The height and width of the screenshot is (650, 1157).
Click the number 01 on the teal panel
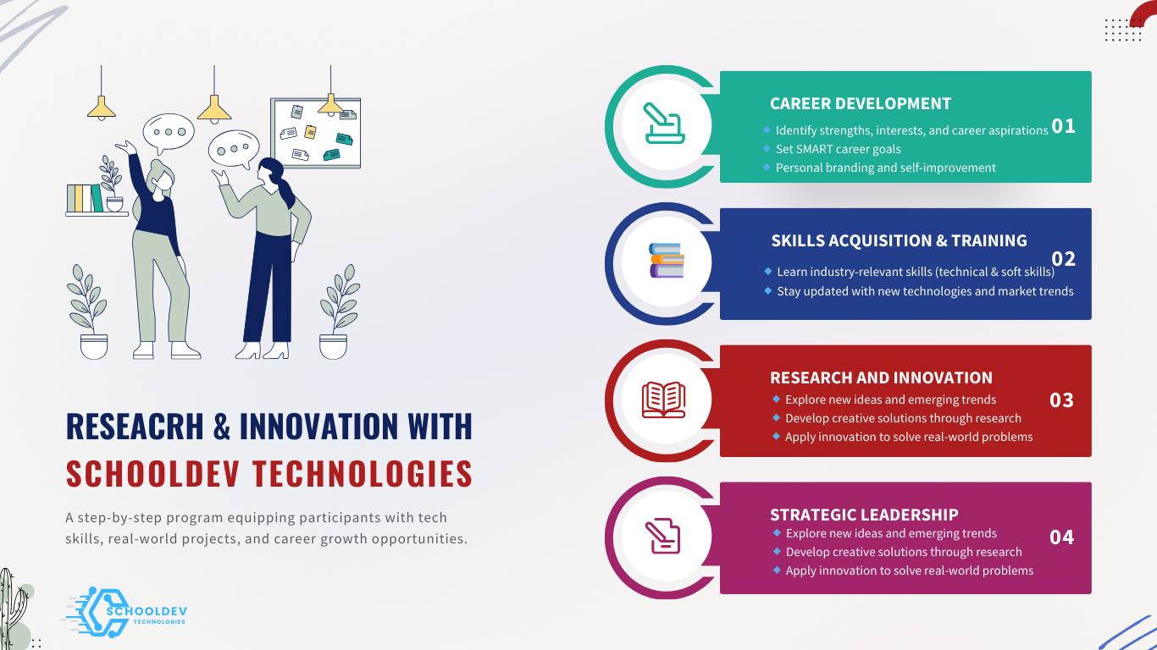tap(1063, 126)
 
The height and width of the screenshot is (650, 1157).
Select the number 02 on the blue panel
tap(1063, 259)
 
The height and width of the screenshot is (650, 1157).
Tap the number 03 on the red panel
tap(1061, 400)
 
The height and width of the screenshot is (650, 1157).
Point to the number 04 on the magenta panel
tap(1061, 537)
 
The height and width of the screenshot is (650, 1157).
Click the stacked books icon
tap(667, 260)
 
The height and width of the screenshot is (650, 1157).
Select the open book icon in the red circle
tap(664, 399)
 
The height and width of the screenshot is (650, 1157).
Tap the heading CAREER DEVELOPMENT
tap(861, 104)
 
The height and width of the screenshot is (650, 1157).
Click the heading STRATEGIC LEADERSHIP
tap(864, 515)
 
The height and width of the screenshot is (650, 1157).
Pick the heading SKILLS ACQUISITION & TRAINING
tap(900, 240)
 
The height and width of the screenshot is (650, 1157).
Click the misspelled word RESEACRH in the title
tap(135, 427)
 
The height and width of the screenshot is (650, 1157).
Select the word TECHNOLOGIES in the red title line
tap(363, 473)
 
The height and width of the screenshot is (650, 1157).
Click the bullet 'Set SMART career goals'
tap(839, 149)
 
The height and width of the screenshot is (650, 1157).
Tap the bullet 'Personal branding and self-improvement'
tap(886, 168)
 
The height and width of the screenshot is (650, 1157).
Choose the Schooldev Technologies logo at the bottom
tap(125, 612)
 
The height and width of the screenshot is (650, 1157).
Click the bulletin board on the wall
tap(316, 133)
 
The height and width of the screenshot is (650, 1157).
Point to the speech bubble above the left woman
tap(169, 133)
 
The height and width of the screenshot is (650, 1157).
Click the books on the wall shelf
tap(85, 198)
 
